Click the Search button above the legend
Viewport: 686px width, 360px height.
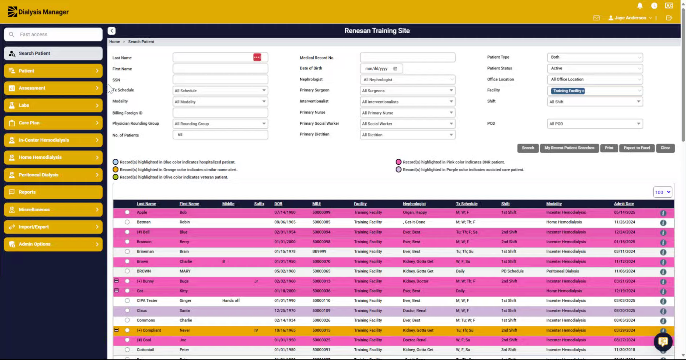click(x=528, y=148)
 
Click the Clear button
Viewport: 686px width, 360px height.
click(x=665, y=148)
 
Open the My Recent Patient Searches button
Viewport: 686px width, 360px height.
click(x=569, y=148)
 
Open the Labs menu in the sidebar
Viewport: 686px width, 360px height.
click(x=53, y=106)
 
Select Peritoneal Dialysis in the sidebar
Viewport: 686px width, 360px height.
click(x=53, y=175)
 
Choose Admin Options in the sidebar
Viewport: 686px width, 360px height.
click(x=53, y=244)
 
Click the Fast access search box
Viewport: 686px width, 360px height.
click(x=53, y=34)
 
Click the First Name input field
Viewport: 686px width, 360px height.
click(x=220, y=69)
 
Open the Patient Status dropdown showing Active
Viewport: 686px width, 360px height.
click(x=595, y=68)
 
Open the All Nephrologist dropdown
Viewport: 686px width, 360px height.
click(x=407, y=79)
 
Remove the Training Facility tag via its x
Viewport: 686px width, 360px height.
click(x=583, y=91)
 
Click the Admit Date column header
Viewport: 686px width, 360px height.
click(x=624, y=204)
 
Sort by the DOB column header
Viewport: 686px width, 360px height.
click(x=278, y=204)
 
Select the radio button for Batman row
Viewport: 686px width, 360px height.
click(x=127, y=222)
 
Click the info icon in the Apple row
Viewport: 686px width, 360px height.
click(x=663, y=213)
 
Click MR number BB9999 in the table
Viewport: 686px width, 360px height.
click(x=319, y=252)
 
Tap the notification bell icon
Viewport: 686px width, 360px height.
click(x=640, y=6)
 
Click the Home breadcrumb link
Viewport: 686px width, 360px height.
click(x=114, y=42)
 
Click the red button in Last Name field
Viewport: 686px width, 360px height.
click(x=257, y=57)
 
